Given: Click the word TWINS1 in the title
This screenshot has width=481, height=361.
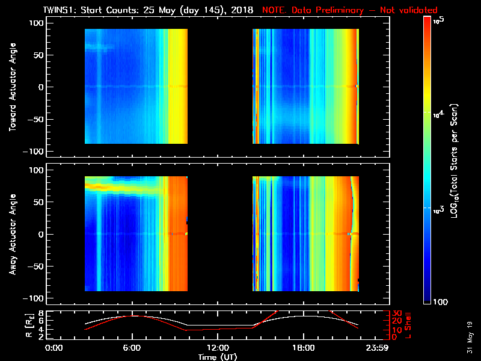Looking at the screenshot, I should (x=60, y=10).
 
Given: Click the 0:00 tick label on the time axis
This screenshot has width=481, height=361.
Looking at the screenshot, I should (x=54, y=348).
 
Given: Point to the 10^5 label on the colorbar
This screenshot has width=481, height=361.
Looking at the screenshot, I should (x=438, y=21).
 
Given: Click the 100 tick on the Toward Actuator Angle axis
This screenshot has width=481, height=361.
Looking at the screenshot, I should (x=35, y=23).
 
